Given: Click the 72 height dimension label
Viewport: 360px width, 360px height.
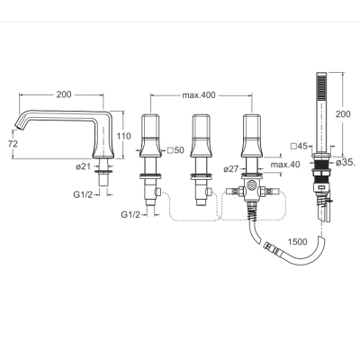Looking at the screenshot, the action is point(13,144).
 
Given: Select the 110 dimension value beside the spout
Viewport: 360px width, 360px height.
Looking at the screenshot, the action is point(123,136).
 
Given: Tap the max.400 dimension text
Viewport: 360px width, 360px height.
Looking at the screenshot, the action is point(199,95).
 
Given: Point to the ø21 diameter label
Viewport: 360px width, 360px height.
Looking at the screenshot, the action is point(83,166).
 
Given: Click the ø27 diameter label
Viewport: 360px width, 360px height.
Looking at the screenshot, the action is point(231,169).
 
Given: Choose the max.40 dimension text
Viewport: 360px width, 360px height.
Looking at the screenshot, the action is point(285,165).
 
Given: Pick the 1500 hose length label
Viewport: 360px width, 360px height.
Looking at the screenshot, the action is point(297,241).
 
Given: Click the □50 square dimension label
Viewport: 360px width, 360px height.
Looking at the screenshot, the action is point(175,150).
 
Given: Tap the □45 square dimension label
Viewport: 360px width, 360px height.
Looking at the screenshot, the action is point(300,146).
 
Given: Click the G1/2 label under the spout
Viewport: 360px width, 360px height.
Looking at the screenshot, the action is point(83,194).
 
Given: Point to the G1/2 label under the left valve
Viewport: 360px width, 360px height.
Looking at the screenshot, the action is point(130,214).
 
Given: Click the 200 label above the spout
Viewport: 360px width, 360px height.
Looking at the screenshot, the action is point(64,94).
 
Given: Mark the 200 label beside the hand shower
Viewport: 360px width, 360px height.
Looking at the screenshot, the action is point(343,114).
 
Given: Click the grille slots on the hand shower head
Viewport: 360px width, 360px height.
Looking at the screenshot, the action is point(321,88).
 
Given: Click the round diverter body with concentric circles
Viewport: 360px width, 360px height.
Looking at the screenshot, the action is point(250,185).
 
